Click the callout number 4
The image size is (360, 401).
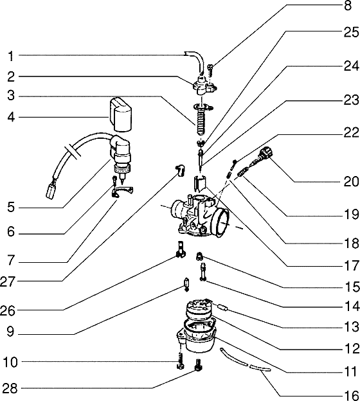[11, 118]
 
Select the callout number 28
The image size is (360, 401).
[11, 388]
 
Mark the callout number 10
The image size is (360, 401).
[11, 362]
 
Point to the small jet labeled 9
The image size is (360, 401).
[186, 283]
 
